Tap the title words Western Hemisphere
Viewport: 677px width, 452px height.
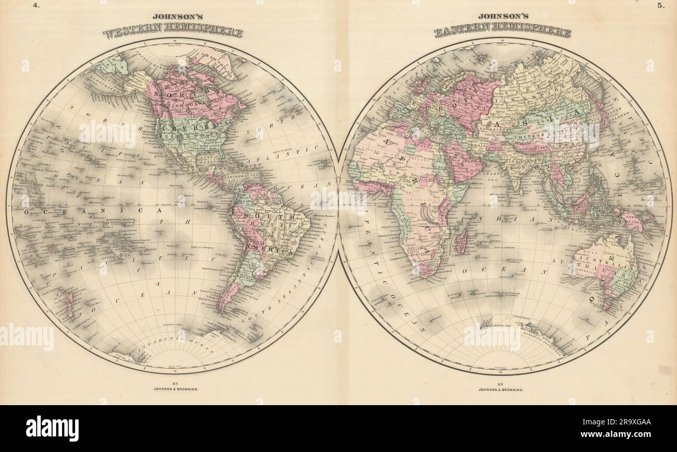(173, 32)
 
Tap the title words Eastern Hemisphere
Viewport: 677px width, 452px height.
(503, 32)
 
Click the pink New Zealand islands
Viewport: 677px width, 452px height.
(68, 303)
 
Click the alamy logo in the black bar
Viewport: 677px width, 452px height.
(53, 429)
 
